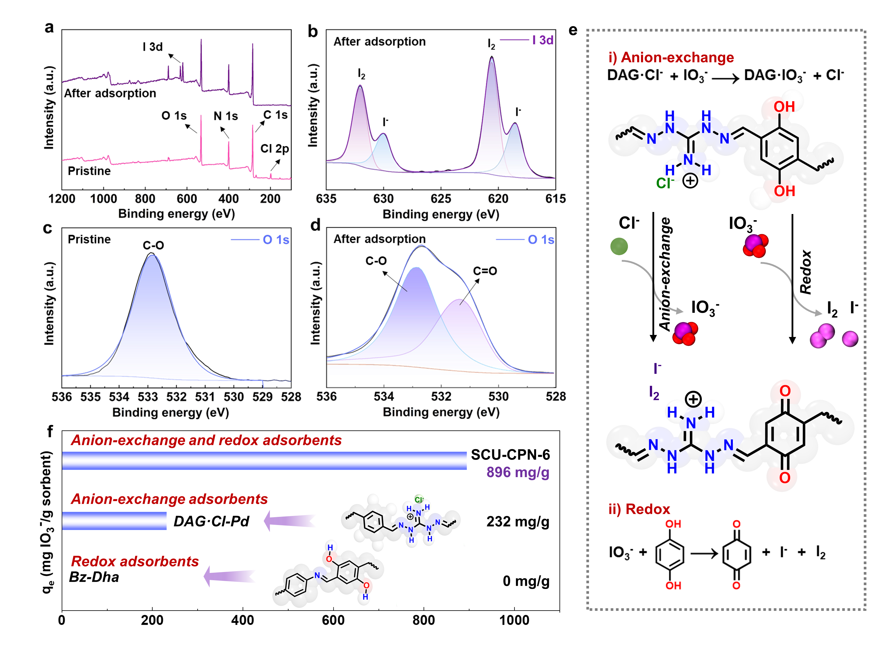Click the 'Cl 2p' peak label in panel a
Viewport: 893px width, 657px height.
pos(274,149)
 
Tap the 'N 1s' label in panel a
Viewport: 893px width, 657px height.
pos(225,116)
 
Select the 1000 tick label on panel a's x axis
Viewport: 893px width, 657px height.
pos(103,199)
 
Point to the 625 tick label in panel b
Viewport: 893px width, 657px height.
pos(441,199)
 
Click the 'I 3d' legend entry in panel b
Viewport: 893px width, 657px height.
pos(542,40)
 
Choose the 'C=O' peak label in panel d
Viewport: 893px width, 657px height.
pos(485,271)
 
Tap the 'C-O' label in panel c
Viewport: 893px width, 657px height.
pos(153,245)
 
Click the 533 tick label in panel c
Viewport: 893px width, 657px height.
pos(148,397)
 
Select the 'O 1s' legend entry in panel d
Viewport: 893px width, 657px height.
pos(541,239)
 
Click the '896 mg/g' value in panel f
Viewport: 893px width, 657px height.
pos(518,472)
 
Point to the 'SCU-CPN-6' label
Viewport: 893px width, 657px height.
pos(510,455)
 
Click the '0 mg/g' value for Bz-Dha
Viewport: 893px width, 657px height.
pos(526,581)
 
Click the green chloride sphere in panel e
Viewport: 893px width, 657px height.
pos(619,246)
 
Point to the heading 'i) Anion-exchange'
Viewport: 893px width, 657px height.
pos(671,58)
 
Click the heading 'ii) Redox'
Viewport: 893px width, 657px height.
pos(639,509)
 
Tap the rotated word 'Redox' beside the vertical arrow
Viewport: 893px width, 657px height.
pos(805,272)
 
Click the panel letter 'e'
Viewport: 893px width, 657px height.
pos(573,30)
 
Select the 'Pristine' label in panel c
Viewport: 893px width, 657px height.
pos(89,239)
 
